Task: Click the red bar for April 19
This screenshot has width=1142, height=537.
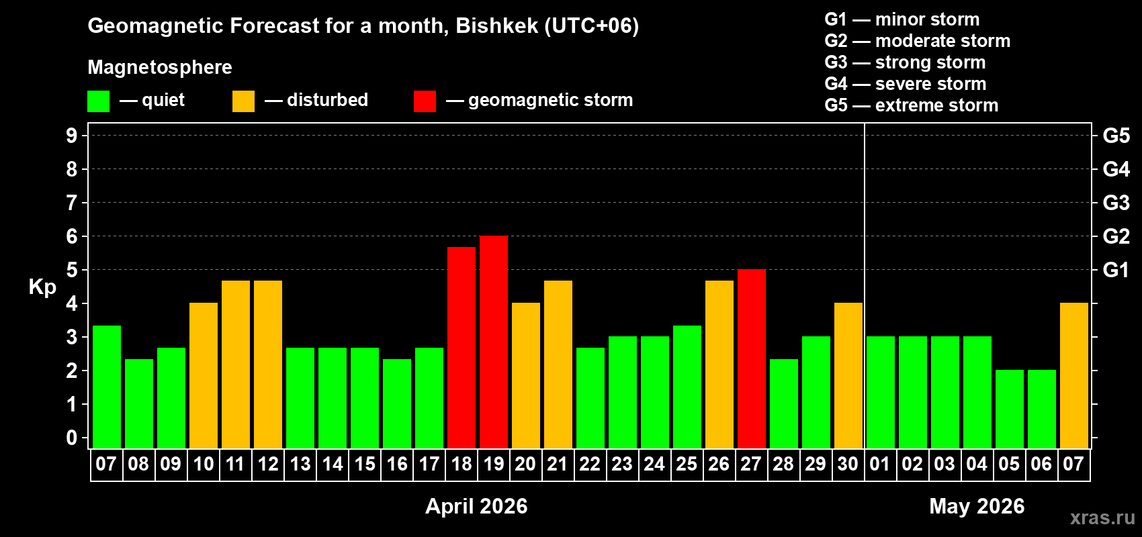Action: [x=494, y=342]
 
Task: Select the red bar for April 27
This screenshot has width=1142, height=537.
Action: [x=752, y=358]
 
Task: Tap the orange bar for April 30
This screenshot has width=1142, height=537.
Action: [x=848, y=375]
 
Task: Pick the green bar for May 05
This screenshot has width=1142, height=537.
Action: [x=1010, y=409]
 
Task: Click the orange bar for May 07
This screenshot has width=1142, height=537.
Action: [x=1074, y=375]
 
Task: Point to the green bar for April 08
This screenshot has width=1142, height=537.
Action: [x=139, y=403]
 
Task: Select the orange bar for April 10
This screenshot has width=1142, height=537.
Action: [x=204, y=375]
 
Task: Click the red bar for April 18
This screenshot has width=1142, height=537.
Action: [x=462, y=347]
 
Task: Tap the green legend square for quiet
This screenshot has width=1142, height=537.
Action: [x=99, y=101]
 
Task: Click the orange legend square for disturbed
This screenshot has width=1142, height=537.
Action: [x=244, y=101]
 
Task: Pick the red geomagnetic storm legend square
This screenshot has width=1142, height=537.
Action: [x=425, y=101]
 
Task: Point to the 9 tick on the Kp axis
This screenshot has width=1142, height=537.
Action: [x=72, y=136]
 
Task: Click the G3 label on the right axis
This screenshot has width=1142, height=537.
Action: [x=1116, y=203]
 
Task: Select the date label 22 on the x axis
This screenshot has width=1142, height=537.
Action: [x=590, y=464]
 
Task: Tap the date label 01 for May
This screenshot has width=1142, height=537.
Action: [x=880, y=464]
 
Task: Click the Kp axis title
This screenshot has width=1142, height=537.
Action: [x=42, y=287]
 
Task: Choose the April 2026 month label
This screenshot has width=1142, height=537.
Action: [x=476, y=506]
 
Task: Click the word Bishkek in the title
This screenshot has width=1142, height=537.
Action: [x=497, y=26]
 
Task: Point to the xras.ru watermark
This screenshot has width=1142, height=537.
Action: [x=1102, y=517]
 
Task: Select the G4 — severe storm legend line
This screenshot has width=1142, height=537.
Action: [x=906, y=84]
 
